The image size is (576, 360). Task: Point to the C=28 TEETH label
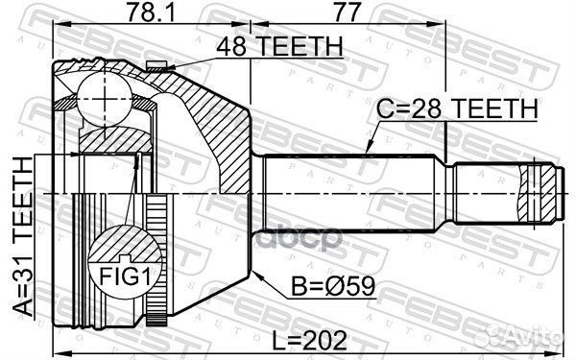(x=454, y=111)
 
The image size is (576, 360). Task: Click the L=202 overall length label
(x=318, y=339)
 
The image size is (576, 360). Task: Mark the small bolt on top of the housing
(x=158, y=64)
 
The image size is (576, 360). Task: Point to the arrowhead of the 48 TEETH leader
(x=168, y=65)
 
